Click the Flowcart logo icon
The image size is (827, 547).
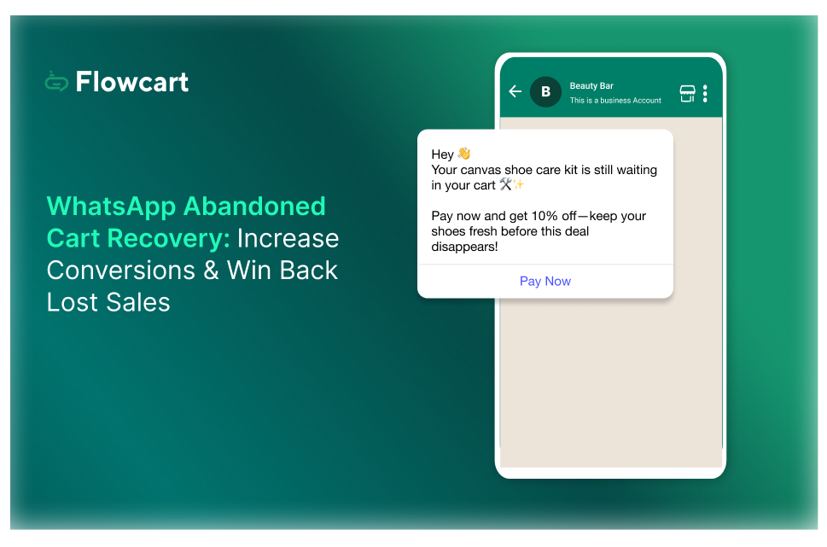(x=56, y=82)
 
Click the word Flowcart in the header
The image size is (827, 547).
(x=131, y=82)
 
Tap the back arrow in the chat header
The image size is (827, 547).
(x=515, y=91)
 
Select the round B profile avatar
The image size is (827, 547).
(x=545, y=91)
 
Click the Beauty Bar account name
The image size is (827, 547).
(x=591, y=86)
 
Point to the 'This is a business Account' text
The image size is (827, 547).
(x=615, y=101)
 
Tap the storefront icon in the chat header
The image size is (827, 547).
(x=687, y=93)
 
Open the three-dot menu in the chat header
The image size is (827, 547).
(x=705, y=93)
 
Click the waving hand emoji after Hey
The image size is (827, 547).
(x=463, y=154)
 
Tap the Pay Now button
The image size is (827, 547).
(x=545, y=281)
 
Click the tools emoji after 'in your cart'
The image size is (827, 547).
(x=505, y=184)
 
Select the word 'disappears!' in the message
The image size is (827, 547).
(x=464, y=247)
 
